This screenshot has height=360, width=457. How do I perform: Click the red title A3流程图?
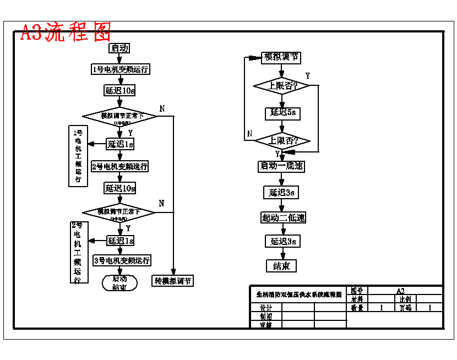[66, 32]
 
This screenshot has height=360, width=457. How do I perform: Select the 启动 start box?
[119, 48]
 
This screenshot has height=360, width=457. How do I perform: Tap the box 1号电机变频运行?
[120, 69]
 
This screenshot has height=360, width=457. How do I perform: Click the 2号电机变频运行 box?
[119, 166]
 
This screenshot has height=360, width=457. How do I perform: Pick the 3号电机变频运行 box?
[122, 260]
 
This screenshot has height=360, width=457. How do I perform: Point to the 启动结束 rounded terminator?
[119, 282]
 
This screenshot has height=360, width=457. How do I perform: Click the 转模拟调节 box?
[172, 281]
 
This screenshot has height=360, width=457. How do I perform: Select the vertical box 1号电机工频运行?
[78, 156]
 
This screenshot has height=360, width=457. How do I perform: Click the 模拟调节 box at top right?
[281, 57]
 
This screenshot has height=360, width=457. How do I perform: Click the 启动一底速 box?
[281, 166]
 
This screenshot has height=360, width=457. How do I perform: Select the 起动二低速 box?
[283, 217]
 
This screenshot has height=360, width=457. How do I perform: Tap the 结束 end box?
[281, 266]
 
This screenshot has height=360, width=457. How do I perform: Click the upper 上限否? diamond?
[282, 86]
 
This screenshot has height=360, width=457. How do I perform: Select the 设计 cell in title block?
[266, 308]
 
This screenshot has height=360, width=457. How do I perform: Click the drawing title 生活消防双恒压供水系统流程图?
[299, 295]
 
